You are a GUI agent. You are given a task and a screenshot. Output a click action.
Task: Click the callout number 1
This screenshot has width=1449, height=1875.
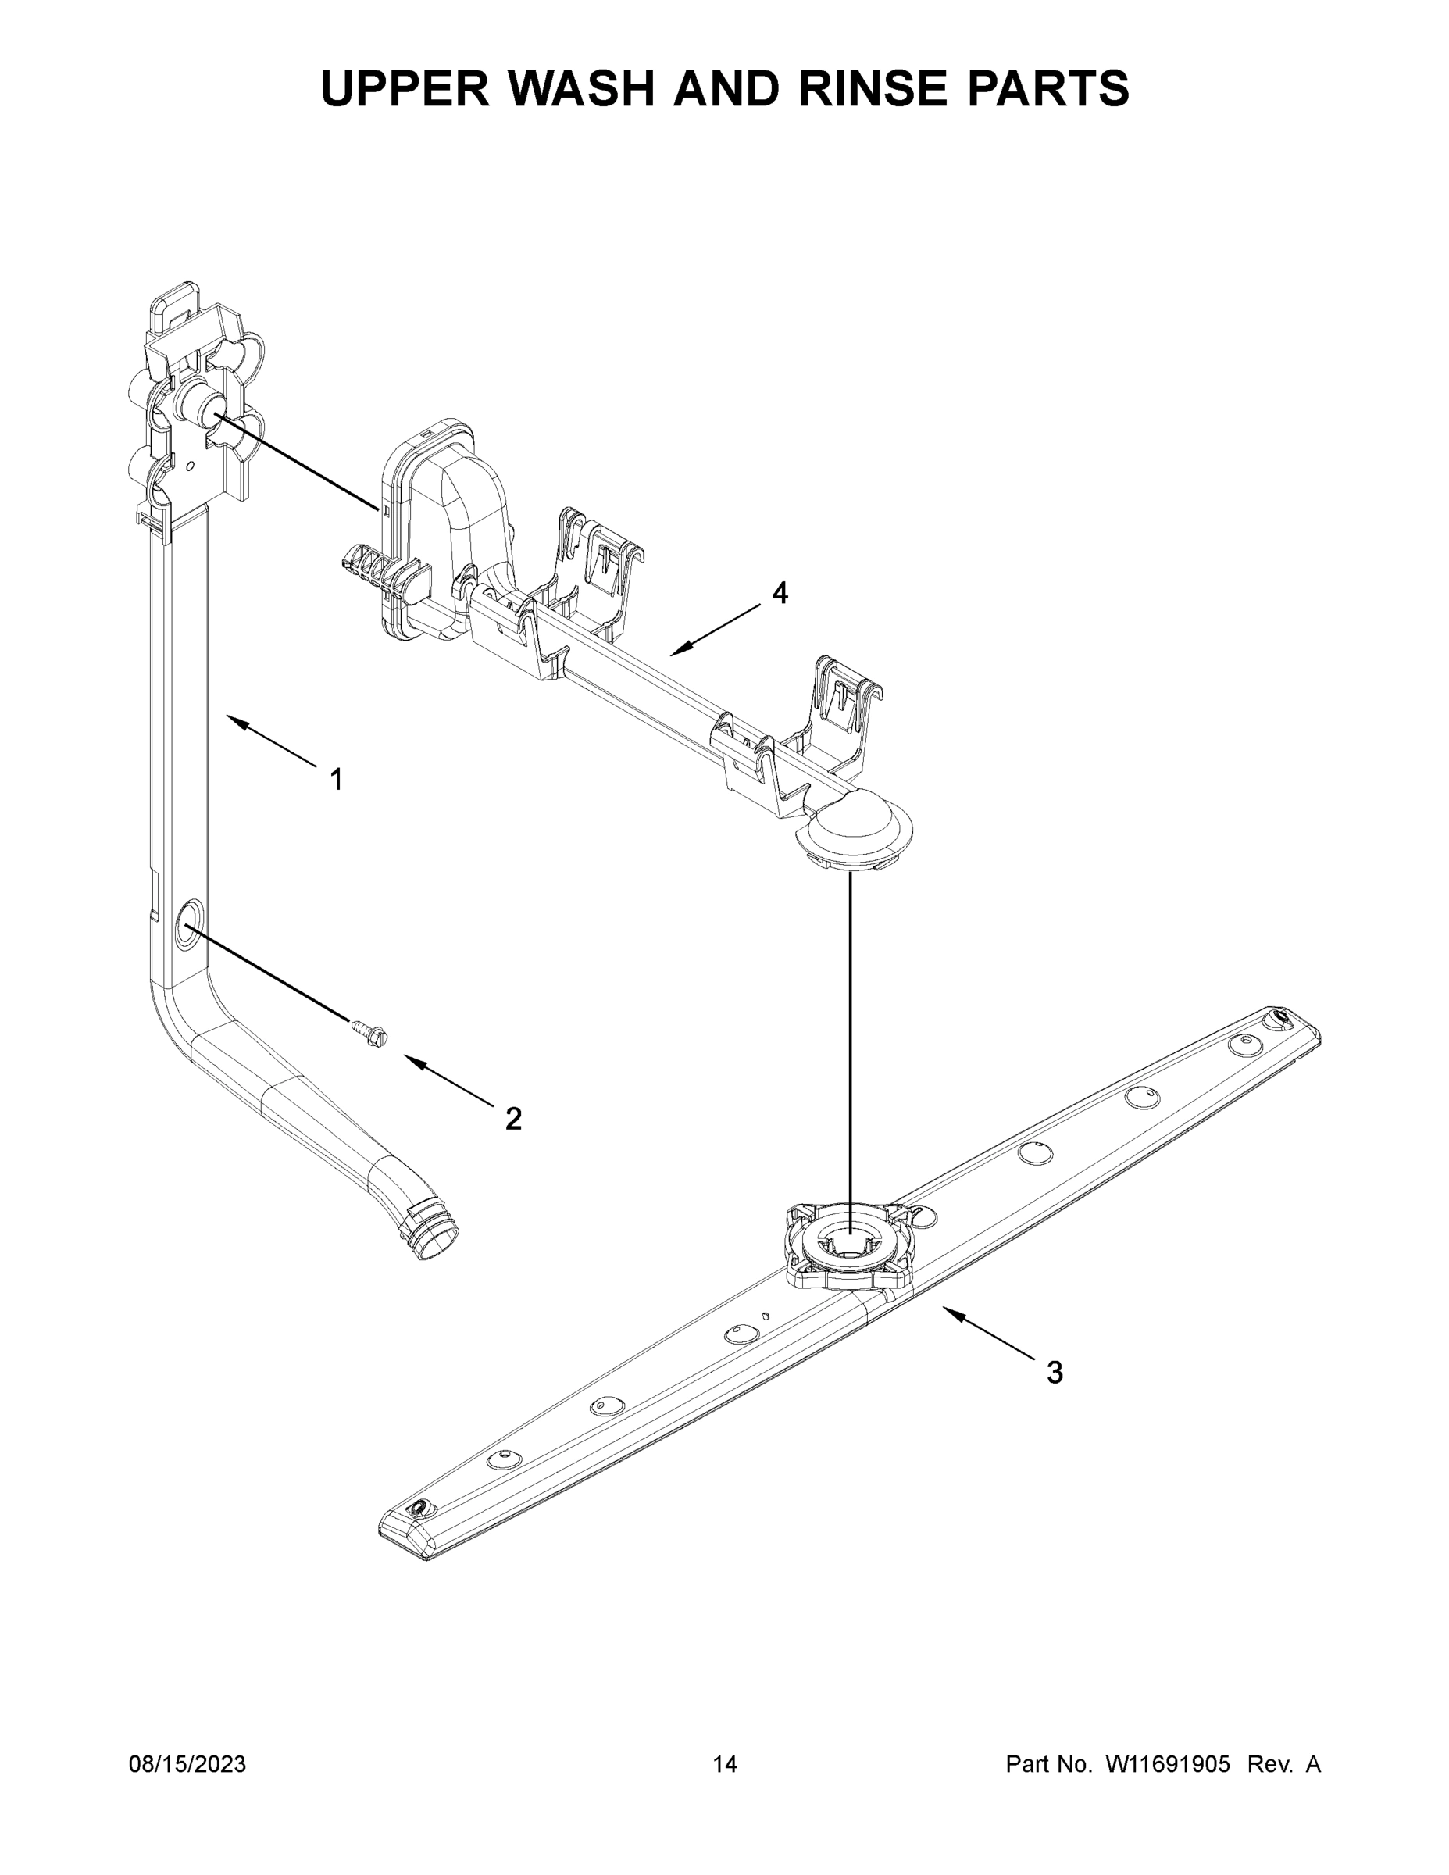pyautogui.click(x=337, y=780)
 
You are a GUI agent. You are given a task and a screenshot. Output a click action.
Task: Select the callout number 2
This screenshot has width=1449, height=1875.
pyautogui.click(x=513, y=1119)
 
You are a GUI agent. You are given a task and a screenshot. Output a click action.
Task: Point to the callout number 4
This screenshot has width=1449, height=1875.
pyautogui.click(x=780, y=592)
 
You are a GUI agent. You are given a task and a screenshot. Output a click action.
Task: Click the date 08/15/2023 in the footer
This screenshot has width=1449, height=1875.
pyautogui.click(x=187, y=1763)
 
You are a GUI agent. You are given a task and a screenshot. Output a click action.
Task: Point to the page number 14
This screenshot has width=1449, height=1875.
pyautogui.click(x=725, y=1763)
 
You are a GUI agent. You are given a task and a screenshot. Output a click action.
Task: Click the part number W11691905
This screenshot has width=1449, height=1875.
pyautogui.click(x=1168, y=1763)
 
